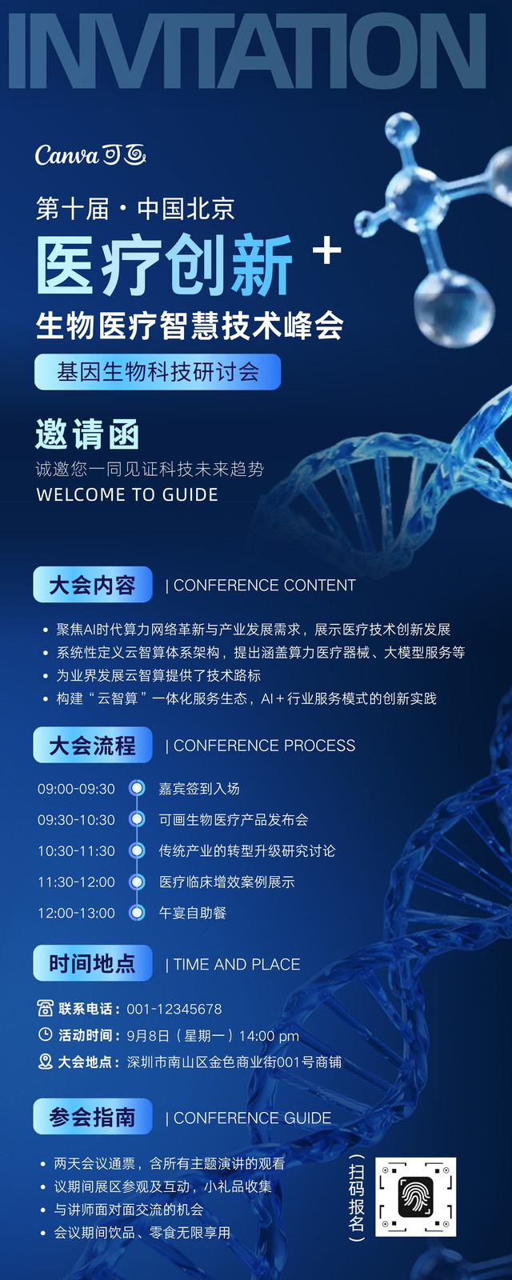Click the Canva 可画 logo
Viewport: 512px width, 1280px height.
click(90, 155)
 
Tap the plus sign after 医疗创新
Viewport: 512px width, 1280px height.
click(327, 250)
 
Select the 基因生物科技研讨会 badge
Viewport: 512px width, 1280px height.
click(158, 372)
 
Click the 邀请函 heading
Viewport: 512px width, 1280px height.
click(87, 435)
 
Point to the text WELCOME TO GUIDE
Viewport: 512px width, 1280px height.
click(127, 495)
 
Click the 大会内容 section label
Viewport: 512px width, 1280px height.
click(93, 585)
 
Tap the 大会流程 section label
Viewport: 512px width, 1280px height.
click(93, 745)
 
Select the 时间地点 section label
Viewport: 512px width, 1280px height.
click(93, 963)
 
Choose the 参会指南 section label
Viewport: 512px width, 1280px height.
click(93, 1117)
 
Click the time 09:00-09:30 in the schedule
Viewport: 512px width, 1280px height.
click(77, 789)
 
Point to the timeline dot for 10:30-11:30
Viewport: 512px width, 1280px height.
click(137, 851)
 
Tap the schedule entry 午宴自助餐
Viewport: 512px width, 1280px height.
click(193, 913)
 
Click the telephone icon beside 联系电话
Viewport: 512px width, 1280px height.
click(45, 1009)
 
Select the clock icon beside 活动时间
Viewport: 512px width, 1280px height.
click(45, 1035)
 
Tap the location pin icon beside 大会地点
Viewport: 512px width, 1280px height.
click(45, 1062)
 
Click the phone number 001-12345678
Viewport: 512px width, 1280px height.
click(174, 1009)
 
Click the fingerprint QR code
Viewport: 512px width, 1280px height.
click(415, 1197)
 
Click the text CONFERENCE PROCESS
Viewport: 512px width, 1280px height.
click(265, 746)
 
